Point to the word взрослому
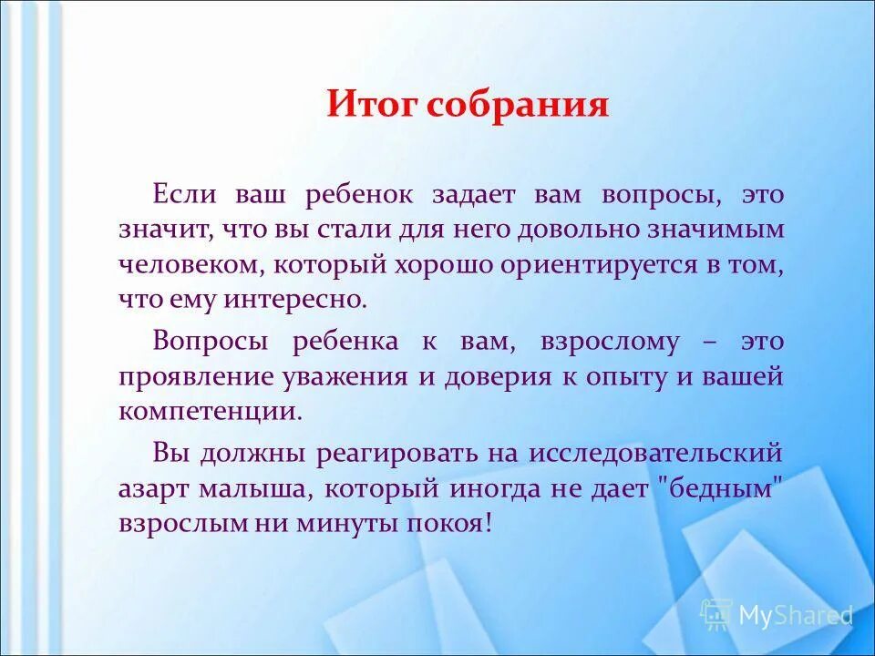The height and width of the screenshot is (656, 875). point(611,342)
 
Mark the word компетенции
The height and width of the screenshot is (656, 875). point(209,411)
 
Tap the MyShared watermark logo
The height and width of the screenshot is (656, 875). point(776,615)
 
